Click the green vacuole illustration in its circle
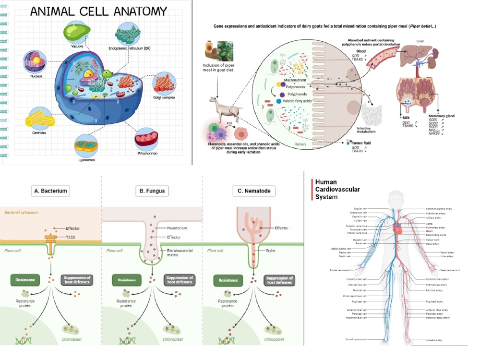click(77, 31)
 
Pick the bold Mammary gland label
click(441, 116)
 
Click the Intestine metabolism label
click(370, 130)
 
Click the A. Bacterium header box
click(50, 191)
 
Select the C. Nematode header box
click(254, 191)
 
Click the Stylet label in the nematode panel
click(271, 251)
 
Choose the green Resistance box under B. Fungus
click(126, 280)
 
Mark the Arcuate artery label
click(435, 340)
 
